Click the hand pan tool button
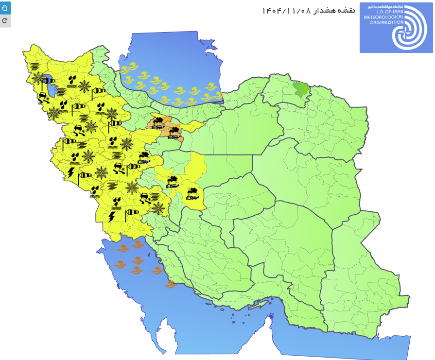[x=5, y=7]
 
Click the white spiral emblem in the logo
[x=411, y=28]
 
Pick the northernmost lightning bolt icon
[x=71, y=172]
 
